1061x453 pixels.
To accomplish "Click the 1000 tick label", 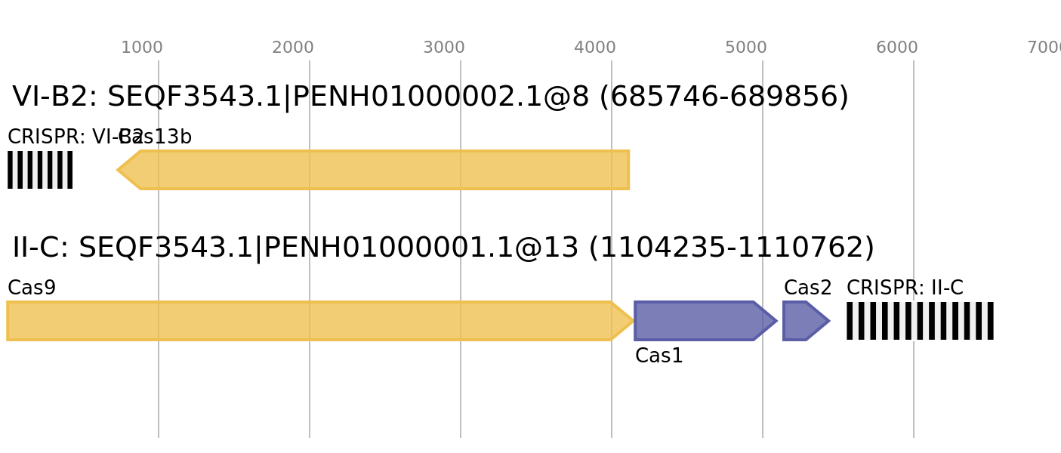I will (142, 48).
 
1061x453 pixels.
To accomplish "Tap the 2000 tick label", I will (293, 48).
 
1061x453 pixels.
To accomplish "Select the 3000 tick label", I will (444, 48).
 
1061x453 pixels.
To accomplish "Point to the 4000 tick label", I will (595, 48).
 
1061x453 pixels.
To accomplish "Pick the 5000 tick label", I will (746, 48).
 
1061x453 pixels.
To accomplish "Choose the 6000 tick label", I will (897, 48).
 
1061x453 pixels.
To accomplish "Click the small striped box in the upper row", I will (40, 170).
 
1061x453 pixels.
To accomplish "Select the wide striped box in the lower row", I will (920, 321).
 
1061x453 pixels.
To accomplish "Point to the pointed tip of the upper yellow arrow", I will (118, 170).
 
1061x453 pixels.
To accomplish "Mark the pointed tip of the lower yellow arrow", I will (633, 321).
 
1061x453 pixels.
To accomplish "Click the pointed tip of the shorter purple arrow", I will (828, 321).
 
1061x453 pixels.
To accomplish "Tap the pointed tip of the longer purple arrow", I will (776, 321).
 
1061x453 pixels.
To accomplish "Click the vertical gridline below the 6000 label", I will (914, 393).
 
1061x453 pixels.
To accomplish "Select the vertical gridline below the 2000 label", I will (310, 393).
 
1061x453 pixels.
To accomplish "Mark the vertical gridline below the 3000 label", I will (461, 393).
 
